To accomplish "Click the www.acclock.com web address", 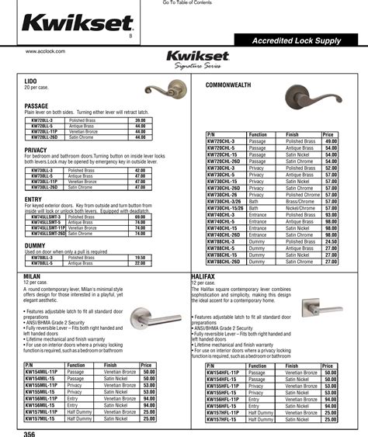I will [x=43, y=51].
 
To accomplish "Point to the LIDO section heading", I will [x=30, y=80].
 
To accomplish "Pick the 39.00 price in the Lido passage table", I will [x=141, y=120].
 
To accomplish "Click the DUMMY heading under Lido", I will [x=35, y=245].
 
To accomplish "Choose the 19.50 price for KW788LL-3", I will [x=141, y=257].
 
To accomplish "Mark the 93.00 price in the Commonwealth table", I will [x=330, y=213].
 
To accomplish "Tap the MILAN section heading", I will [x=33, y=276].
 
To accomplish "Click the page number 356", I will [x=30, y=433].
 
